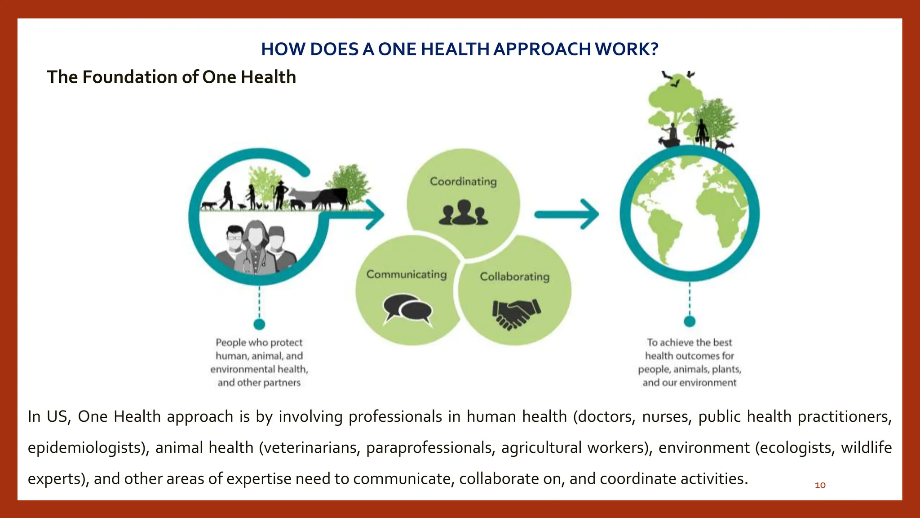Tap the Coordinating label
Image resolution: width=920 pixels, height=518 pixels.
463,181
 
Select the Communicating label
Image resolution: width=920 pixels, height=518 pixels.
407,274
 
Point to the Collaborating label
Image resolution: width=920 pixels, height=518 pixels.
514,276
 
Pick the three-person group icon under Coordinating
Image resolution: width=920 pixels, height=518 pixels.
463,213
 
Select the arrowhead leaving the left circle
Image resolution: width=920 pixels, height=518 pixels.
375,214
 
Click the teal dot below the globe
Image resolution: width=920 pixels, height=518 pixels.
690,321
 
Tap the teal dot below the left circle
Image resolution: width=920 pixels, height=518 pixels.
259,324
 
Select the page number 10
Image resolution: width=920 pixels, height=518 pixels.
820,485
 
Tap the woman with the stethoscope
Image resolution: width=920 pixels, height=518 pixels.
255,247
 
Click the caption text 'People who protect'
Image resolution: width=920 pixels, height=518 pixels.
259,343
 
